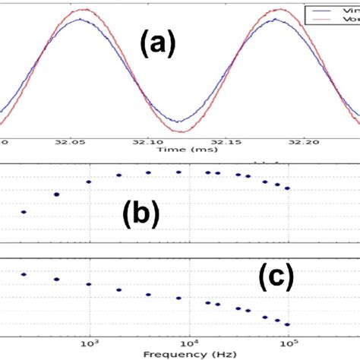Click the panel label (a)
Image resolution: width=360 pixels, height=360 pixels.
pyautogui.click(x=158, y=48)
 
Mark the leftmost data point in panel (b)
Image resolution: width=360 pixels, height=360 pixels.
pyautogui.click(x=24, y=212)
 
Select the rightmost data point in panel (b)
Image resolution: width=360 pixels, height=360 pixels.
pyautogui.click(x=287, y=188)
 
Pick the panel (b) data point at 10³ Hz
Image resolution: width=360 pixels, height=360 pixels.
pyautogui.click(x=89, y=182)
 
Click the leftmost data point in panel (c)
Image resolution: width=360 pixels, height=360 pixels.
pyautogui.click(x=24, y=274)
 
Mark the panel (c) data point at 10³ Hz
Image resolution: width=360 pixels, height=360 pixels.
pyautogui.click(x=89, y=285)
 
